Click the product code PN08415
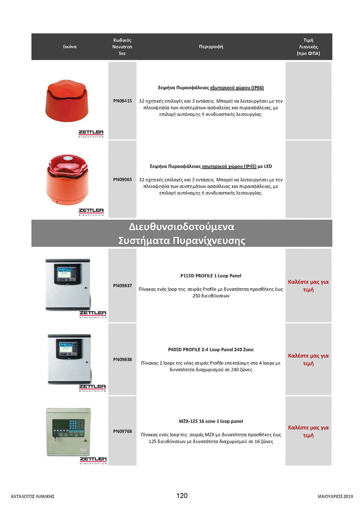[122, 101]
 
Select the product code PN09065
[122, 179]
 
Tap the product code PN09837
[122, 285]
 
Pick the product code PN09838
[122, 359]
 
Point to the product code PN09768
[122, 431]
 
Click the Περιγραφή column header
[211, 47]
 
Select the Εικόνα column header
[70, 47]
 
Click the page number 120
[182, 495]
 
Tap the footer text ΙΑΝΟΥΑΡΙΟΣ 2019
[335, 496]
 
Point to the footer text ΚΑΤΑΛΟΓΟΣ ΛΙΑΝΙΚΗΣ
[33, 496]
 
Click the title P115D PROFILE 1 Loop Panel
[211, 276]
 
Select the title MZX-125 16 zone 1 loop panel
[211, 421]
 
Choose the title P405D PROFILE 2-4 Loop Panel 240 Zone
[211, 350]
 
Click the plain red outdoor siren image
[67, 101]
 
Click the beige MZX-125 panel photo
[69, 432]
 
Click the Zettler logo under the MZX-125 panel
[93, 460]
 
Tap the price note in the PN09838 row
[308, 359]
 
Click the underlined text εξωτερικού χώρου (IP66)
[237, 88]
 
